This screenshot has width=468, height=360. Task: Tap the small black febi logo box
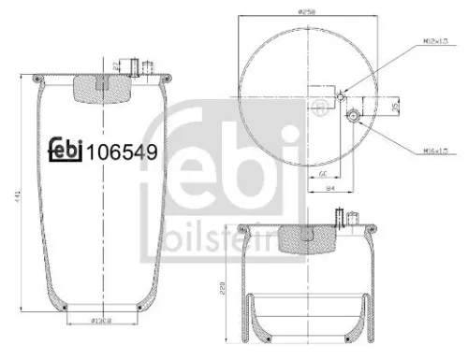(x=66, y=147)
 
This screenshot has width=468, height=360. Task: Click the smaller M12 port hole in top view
(x=342, y=96)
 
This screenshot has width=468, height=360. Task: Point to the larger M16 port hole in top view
(x=354, y=115)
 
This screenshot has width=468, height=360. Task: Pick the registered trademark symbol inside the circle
(x=324, y=113)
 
